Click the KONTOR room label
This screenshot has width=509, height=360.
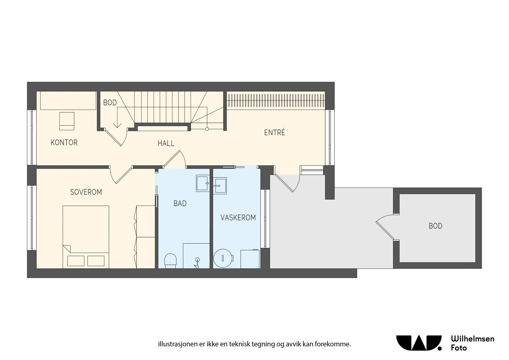click(x=64, y=142)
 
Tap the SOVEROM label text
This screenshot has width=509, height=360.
click(x=86, y=192)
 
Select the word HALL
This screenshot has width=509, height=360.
click(x=166, y=144)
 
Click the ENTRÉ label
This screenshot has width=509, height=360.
click(x=275, y=133)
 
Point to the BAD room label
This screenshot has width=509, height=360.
click(x=180, y=203)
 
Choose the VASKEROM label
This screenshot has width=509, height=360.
click(x=238, y=218)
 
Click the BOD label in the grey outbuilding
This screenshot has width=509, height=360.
click(x=435, y=226)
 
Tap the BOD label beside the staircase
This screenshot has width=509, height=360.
click(x=110, y=103)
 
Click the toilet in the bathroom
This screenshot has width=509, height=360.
click(x=170, y=260)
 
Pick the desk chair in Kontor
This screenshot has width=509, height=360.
click(x=67, y=121)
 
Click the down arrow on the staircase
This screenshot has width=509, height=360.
click(x=117, y=123)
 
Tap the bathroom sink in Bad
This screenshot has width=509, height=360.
click(x=202, y=183)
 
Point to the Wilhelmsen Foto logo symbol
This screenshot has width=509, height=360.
click(x=419, y=343)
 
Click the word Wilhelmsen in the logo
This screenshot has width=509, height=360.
click(x=472, y=339)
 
